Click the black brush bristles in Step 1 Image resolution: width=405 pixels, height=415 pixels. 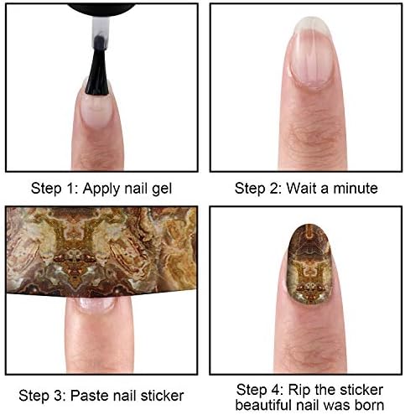pyautogui.click(x=97, y=67)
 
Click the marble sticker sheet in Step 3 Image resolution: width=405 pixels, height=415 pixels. pyautogui.click(x=101, y=251)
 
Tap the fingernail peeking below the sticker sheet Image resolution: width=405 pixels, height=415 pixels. pyautogui.click(x=95, y=304)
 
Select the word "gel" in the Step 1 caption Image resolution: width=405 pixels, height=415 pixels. pyautogui.click(x=162, y=189)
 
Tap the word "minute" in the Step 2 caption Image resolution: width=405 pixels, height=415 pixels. pyautogui.click(x=356, y=188)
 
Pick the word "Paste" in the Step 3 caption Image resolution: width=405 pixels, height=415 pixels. pyautogui.click(x=90, y=396)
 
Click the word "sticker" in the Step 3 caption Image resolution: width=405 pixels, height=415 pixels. pyautogui.click(x=162, y=396)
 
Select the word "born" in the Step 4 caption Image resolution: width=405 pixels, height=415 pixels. pyautogui.click(x=368, y=405)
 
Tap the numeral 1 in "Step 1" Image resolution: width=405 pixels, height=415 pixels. pyautogui.click(x=70, y=188)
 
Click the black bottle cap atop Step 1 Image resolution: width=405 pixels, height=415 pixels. pyautogui.click(x=101, y=8)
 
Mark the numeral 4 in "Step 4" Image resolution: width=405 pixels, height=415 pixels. pyautogui.click(x=275, y=390)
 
